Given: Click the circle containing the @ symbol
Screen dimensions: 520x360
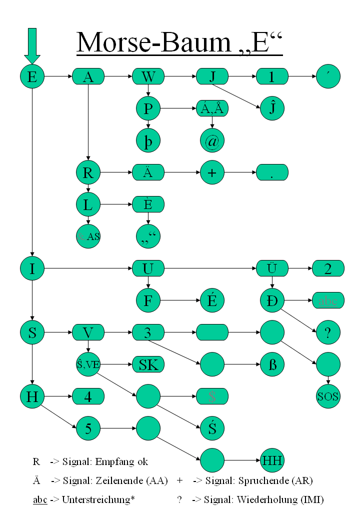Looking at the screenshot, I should point(212,141).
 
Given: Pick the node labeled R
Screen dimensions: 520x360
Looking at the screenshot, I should point(88,173).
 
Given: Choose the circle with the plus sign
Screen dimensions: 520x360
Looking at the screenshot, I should point(212,173).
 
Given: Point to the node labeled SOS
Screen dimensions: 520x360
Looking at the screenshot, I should point(328,397).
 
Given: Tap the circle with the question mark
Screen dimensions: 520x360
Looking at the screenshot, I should point(328,333).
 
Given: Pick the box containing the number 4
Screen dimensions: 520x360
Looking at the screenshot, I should point(88,397).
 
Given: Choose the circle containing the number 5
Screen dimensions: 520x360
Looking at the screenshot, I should point(88,428).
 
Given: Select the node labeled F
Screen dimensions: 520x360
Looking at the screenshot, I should point(148,300).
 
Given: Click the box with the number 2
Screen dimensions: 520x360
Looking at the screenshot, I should point(328,268).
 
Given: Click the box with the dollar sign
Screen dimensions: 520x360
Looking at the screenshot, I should point(212,397).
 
